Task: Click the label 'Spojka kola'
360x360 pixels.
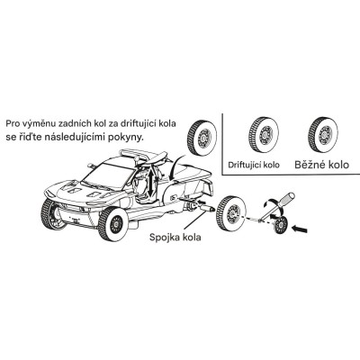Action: pyautogui.click(x=175, y=237)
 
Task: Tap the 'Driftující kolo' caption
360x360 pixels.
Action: pyautogui.click(x=254, y=165)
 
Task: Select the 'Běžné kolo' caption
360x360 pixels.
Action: pyautogui.click(x=321, y=165)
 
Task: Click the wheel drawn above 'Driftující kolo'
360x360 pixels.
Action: pyautogui.click(x=264, y=134)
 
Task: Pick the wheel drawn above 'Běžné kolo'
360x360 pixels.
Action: pyautogui.click(x=323, y=134)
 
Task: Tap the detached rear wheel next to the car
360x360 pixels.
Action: pyautogui.click(x=231, y=213)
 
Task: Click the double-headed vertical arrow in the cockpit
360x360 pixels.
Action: pyautogui.click(x=151, y=182)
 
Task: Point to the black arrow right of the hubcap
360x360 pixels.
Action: pyautogui.click(x=300, y=229)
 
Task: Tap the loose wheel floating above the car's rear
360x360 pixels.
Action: pyautogui.click(x=202, y=138)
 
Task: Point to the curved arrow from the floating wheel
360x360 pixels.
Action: pyautogui.click(x=176, y=167)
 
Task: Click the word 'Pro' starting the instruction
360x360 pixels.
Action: pyautogui.click(x=13, y=123)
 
